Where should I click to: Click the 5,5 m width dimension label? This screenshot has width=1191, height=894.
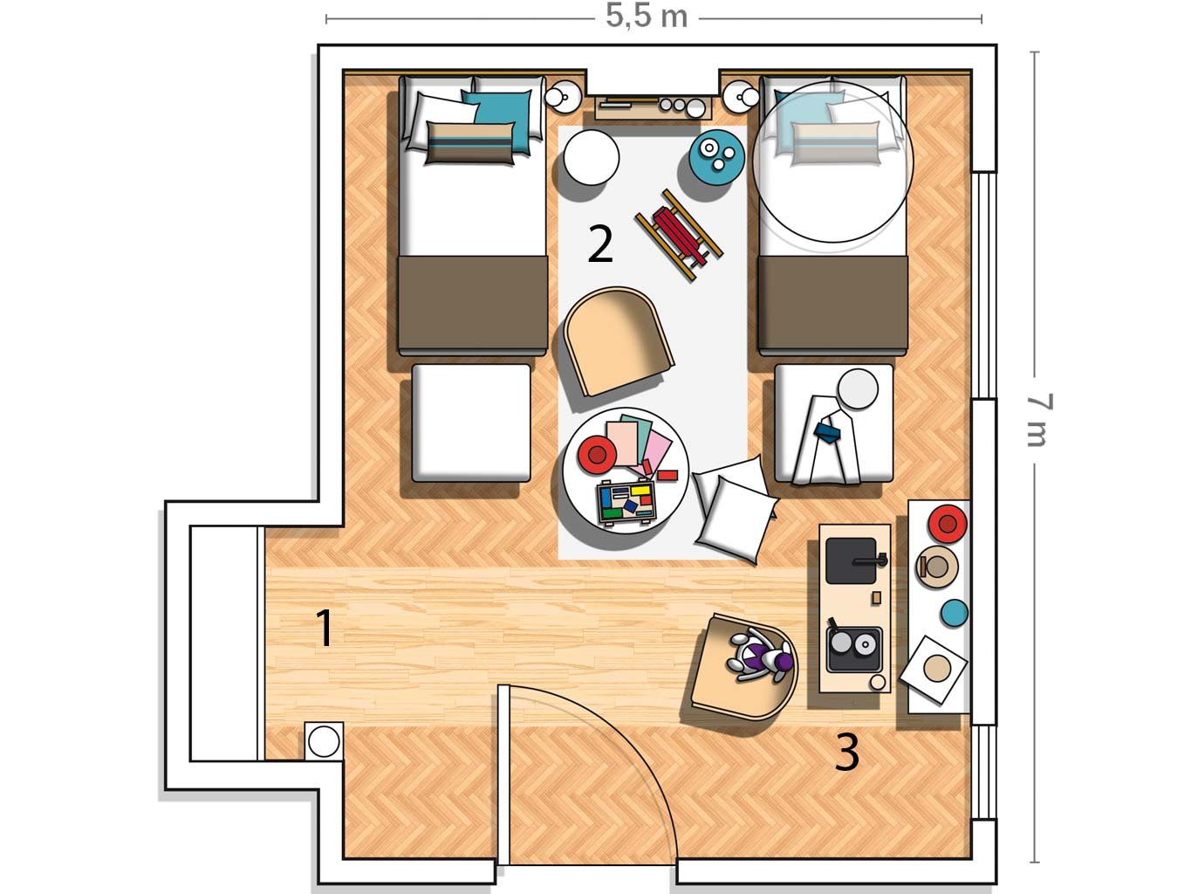pos(647,17)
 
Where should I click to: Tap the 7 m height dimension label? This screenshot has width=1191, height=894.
pos(1039,420)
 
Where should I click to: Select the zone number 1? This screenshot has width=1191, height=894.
pos(324,628)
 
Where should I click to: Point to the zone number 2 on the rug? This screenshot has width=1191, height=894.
pos(600,244)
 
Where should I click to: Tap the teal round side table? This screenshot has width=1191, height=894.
pos(716,154)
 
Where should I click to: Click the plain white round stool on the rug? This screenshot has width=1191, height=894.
pos(591,157)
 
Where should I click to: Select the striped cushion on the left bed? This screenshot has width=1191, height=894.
pos(470,143)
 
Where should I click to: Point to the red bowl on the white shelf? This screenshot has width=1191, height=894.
pos(948,524)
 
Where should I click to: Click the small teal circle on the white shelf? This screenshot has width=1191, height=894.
pos(954,613)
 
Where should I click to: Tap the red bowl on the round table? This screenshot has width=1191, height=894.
pos(598,453)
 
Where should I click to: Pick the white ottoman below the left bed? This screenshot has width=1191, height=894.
pos(471,423)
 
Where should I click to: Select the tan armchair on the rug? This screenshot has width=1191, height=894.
pos(619,341)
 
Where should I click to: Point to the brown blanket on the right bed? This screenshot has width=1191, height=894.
pos(832,303)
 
